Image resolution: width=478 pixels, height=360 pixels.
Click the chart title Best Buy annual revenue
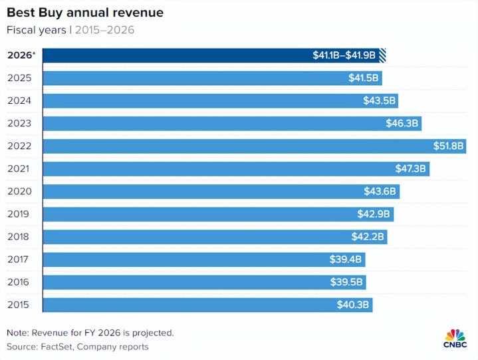[x=85, y=13]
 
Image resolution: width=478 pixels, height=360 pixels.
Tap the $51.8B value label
[x=448, y=146]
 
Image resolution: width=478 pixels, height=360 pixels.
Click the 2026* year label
[x=21, y=55]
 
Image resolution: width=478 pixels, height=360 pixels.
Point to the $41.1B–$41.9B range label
[x=345, y=55]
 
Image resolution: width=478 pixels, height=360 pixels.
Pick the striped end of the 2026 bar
[x=383, y=55]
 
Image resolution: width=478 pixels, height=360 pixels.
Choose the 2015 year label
[x=19, y=305]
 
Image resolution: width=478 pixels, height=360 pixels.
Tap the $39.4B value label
[x=346, y=260]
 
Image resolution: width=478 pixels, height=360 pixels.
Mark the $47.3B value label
[x=412, y=168]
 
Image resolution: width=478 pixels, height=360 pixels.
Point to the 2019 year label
[x=19, y=214]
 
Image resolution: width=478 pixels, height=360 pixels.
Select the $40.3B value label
[x=354, y=305]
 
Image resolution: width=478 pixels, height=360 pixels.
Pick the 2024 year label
[x=19, y=100]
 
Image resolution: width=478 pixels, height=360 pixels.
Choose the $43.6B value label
[x=380, y=192]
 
